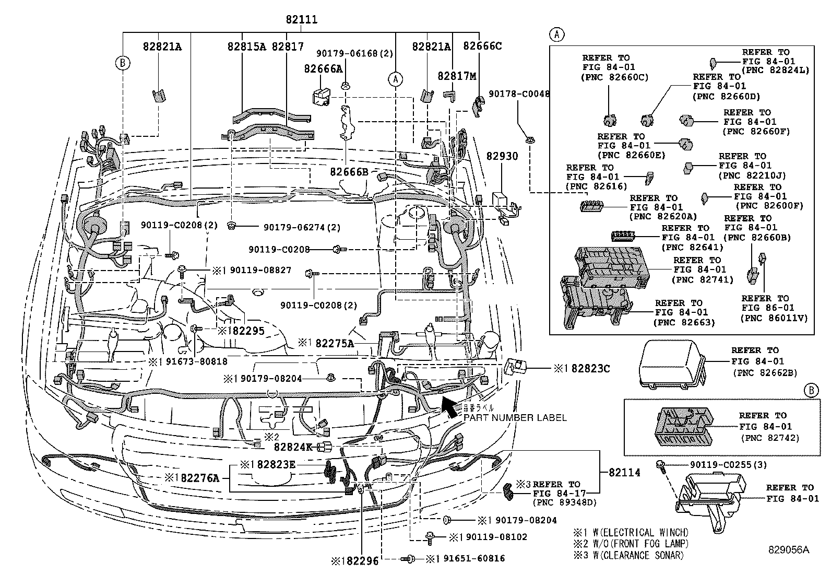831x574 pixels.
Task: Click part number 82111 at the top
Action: tap(301, 20)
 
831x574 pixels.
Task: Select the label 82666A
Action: tap(324, 68)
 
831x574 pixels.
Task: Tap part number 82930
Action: tap(502, 156)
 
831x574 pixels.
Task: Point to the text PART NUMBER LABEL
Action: tap(515, 418)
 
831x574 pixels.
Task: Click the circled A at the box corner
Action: tap(557, 34)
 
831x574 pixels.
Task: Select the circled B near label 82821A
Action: tap(122, 63)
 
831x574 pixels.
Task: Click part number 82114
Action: tap(624, 472)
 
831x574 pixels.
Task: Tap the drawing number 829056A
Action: tap(788, 549)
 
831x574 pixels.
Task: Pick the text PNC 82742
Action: tap(770, 438)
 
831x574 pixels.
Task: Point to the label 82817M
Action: tap(457, 76)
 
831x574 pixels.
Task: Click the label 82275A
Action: tap(335, 343)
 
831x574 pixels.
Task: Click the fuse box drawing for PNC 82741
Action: tap(610, 267)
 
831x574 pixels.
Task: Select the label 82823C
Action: tap(590, 369)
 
